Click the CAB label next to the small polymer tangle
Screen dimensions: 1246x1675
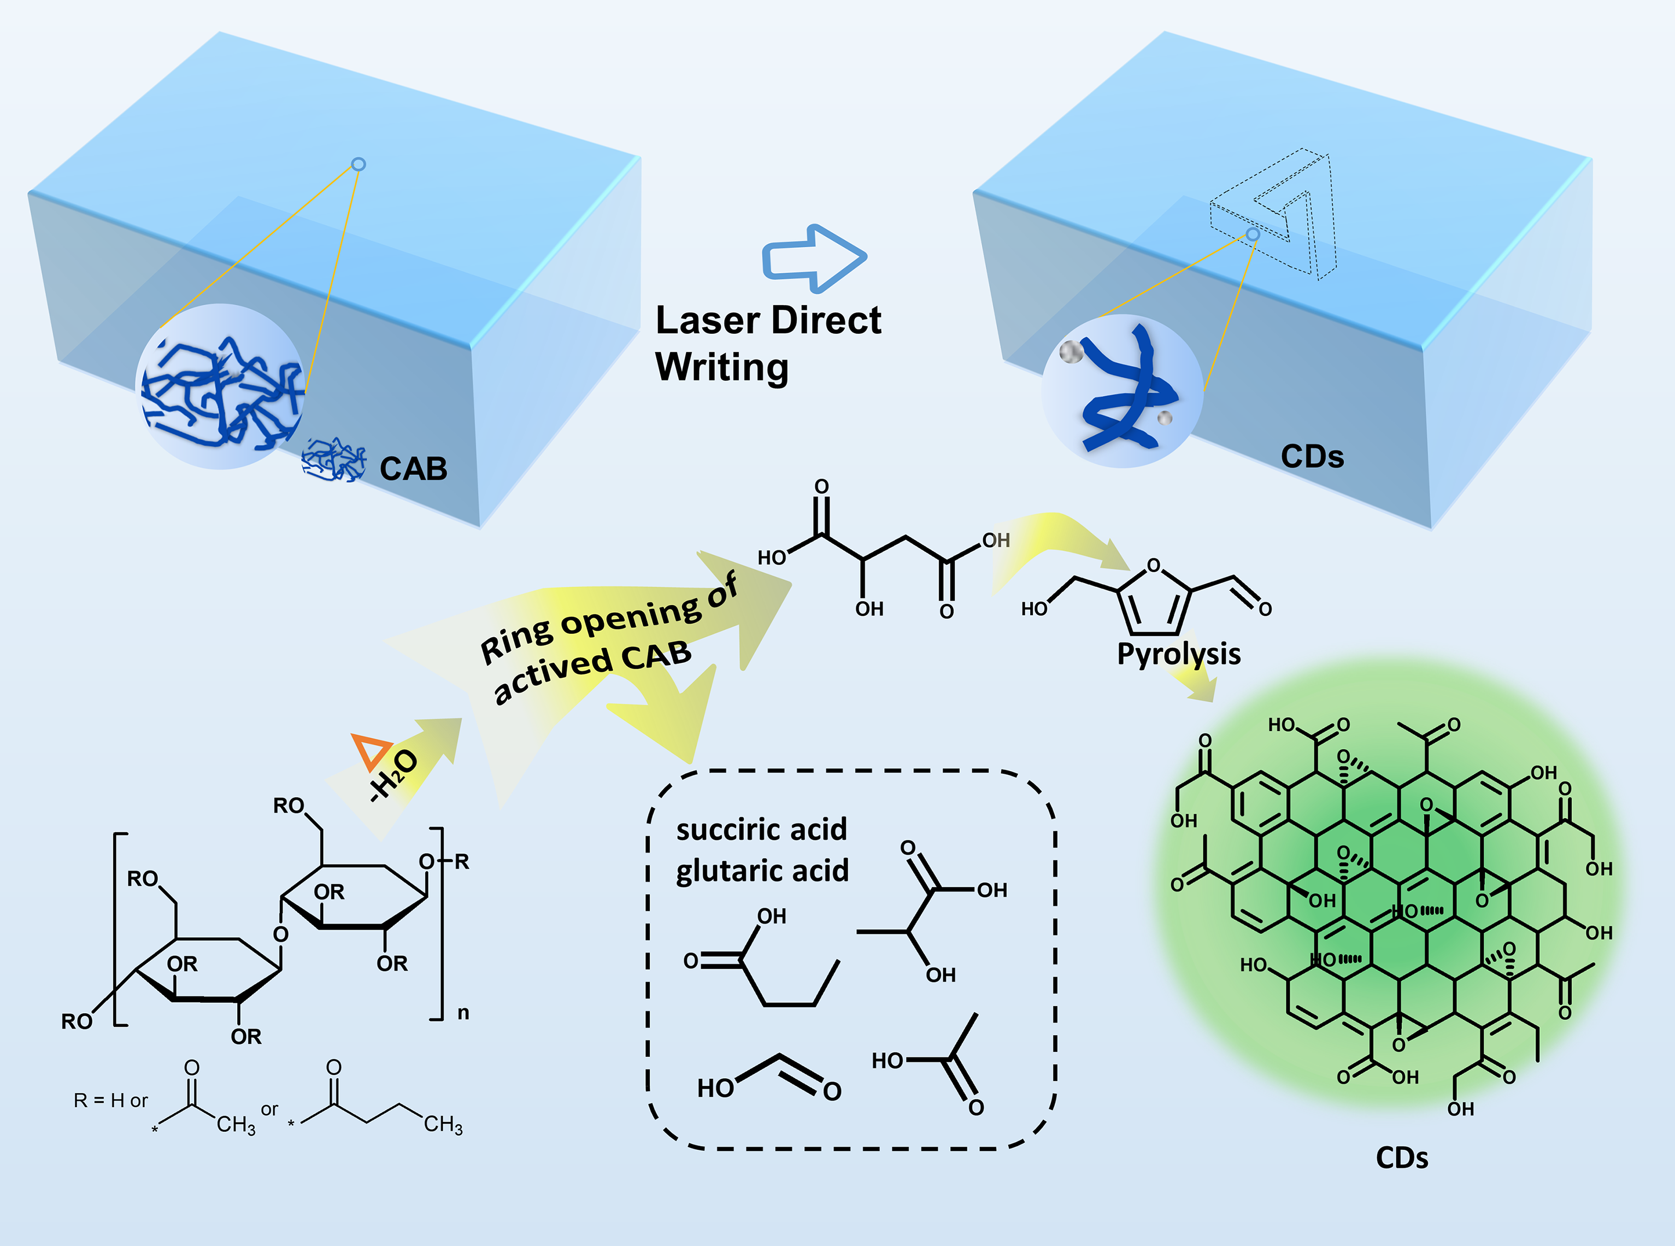point(413,469)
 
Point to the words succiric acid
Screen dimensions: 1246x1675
point(762,830)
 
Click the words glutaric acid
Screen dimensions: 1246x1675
point(762,871)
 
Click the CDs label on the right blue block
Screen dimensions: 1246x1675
point(1312,457)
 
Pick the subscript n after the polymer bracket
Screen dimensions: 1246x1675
point(463,1013)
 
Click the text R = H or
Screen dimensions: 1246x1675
point(111,1101)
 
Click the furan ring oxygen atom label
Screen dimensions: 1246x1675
point(1153,566)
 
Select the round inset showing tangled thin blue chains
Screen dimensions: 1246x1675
point(220,386)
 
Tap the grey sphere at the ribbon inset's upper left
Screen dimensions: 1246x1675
point(1071,351)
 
